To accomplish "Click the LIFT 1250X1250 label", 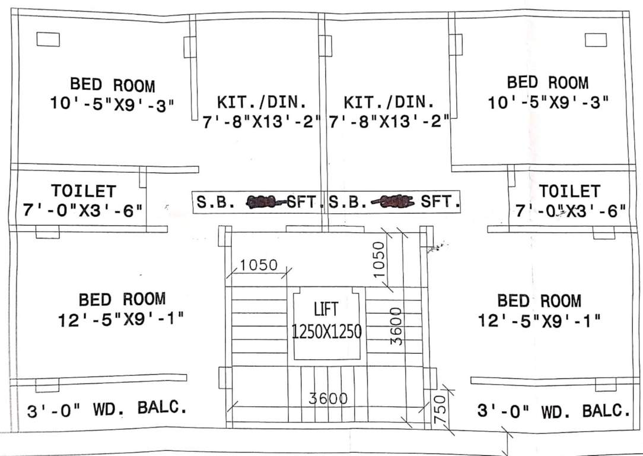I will (326, 321).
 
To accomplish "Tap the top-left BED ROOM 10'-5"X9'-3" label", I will (113, 94).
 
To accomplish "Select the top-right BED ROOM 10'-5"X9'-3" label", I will (548, 92).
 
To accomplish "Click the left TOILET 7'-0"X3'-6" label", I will (83, 200).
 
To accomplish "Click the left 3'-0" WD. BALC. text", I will (107, 410).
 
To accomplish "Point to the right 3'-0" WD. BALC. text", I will (553, 410).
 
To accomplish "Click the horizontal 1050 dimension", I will (259, 265).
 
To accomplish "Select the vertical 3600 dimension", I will (396, 325).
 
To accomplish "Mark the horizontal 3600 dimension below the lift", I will (328, 398).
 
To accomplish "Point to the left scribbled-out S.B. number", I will (265, 202).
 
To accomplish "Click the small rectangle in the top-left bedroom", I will (48, 39).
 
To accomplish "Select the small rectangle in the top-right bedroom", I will (596, 40).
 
